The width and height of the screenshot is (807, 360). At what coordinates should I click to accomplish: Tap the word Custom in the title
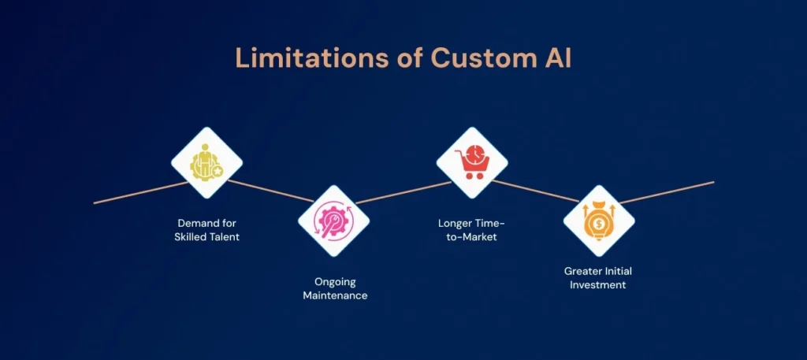click(461, 58)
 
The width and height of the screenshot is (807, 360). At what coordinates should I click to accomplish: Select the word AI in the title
click(557, 58)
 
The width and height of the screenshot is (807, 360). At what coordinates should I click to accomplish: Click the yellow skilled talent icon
click(206, 163)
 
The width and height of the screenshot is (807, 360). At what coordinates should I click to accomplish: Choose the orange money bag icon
click(599, 221)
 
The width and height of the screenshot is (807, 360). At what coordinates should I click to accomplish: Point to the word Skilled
click(190, 236)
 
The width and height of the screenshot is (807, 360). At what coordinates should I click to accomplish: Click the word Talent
click(223, 236)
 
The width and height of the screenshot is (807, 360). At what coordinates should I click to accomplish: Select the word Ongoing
click(335, 281)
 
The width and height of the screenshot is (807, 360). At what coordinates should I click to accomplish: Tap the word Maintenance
click(335, 295)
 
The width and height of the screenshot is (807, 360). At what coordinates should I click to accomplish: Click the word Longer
click(455, 223)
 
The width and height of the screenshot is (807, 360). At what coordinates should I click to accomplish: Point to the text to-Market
click(468, 236)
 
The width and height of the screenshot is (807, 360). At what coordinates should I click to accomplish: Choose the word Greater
click(582, 271)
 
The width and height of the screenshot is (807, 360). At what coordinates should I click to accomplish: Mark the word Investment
click(599, 284)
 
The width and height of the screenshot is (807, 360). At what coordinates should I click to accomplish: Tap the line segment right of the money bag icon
click(670, 191)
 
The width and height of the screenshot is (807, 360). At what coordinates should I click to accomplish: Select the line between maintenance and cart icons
click(402, 192)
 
